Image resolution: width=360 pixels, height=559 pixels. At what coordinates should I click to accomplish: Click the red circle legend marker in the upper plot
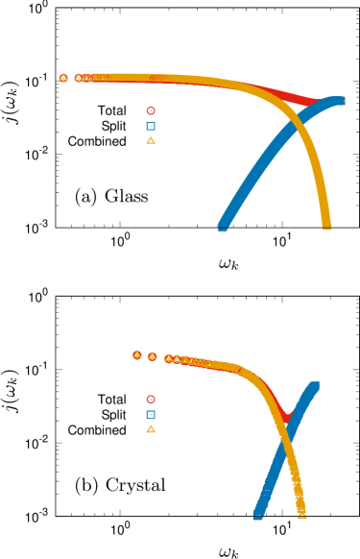[151, 110]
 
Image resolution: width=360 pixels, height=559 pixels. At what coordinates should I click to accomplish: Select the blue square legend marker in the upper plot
[151, 126]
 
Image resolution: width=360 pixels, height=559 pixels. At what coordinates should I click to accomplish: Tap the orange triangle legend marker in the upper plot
[151, 140]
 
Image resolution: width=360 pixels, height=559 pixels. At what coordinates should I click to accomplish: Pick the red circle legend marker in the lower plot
[151, 400]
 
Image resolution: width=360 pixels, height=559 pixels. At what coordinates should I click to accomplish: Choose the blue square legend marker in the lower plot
[151, 415]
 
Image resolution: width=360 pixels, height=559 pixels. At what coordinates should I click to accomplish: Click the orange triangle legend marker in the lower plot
[151, 429]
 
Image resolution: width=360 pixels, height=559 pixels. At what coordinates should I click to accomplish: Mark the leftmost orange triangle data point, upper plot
[63, 78]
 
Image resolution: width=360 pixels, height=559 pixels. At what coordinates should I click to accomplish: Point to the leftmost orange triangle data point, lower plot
[137, 354]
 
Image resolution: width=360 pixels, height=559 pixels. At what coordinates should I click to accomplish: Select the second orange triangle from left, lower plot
[152, 356]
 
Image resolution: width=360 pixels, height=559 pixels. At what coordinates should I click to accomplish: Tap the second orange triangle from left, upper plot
[79, 78]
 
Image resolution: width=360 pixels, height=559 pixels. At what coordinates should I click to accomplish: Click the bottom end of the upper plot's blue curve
[223, 227]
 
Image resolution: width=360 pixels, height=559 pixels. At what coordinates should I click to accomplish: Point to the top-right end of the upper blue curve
[340, 100]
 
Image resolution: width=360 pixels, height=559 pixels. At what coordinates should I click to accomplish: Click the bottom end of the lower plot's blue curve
[257, 514]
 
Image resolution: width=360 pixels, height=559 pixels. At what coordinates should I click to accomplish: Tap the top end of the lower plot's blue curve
[314, 385]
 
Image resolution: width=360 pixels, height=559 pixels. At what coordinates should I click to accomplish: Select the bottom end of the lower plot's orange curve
[301, 513]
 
